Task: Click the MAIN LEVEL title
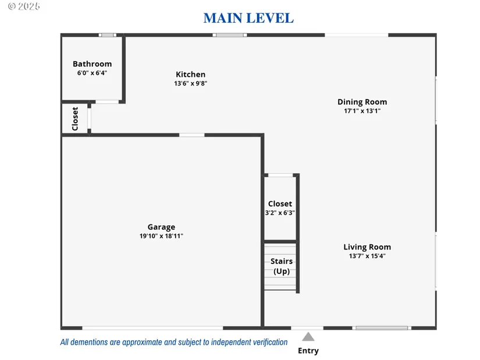click(x=248, y=18)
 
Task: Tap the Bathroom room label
click(x=92, y=64)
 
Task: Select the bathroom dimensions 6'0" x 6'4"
click(x=92, y=73)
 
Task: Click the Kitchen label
click(x=190, y=74)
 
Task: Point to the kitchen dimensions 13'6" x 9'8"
click(x=190, y=83)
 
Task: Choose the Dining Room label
click(x=362, y=102)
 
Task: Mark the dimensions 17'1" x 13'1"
click(x=362, y=111)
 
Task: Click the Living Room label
click(x=367, y=247)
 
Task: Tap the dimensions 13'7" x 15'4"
click(x=367, y=256)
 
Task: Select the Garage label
click(x=161, y=227)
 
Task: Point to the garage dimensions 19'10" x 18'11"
click(x=161, y=236)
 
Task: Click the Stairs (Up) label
click(x=282, y=266)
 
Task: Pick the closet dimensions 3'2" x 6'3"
click(x=280, y=213)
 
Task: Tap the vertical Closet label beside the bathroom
click(x=75, y=119)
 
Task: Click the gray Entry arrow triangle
click(x=308, y=337)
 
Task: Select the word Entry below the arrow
click(x=308, y=351)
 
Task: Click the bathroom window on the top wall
click(x=107, y=35)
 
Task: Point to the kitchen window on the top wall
click(x=230, y=35)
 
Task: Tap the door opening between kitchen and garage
click(x=191, y=135)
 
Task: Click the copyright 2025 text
click(x=24, y=6)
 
